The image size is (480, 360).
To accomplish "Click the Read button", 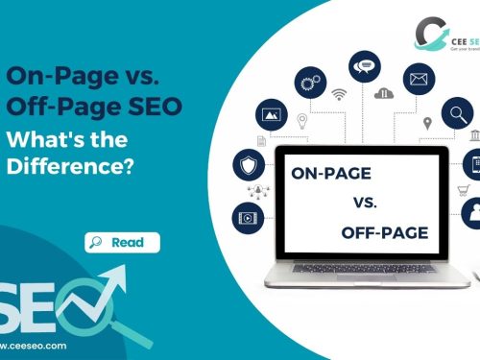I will point(122,243).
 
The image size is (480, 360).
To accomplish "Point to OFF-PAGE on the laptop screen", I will point(384,232).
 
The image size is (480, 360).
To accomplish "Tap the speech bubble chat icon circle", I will point(364,67).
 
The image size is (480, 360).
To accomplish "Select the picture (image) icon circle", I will point(272,114).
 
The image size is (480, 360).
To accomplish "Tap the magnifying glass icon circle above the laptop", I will point(457,114).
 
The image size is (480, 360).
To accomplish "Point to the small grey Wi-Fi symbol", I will point(338,95).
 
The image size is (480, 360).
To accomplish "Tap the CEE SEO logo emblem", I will point(430,34).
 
